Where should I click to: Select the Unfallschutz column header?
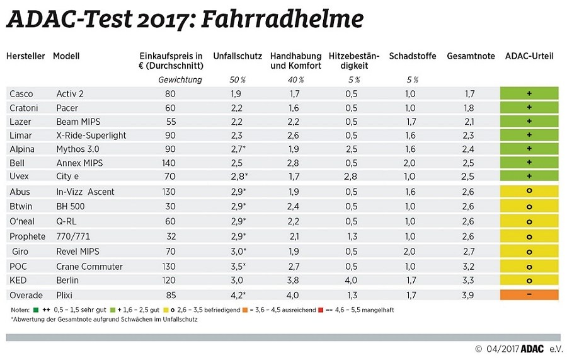pos(238,56)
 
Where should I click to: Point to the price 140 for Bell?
pos(169,163)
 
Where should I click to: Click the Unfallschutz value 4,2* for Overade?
pos(237,294)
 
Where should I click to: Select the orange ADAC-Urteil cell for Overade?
pos(529,294)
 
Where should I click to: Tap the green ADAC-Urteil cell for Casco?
pos(529,94)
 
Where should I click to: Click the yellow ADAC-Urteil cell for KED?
pos(529,281)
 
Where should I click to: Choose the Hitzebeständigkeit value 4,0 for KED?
pos(352,281)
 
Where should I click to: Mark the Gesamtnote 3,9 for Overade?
pos(467,294)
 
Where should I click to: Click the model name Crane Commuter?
pos(89,267)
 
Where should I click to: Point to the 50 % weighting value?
pos(238,80)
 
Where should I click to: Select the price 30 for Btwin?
pos(169,206)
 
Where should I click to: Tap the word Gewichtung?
pos(180,80)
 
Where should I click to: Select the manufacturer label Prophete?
pos(27,236)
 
